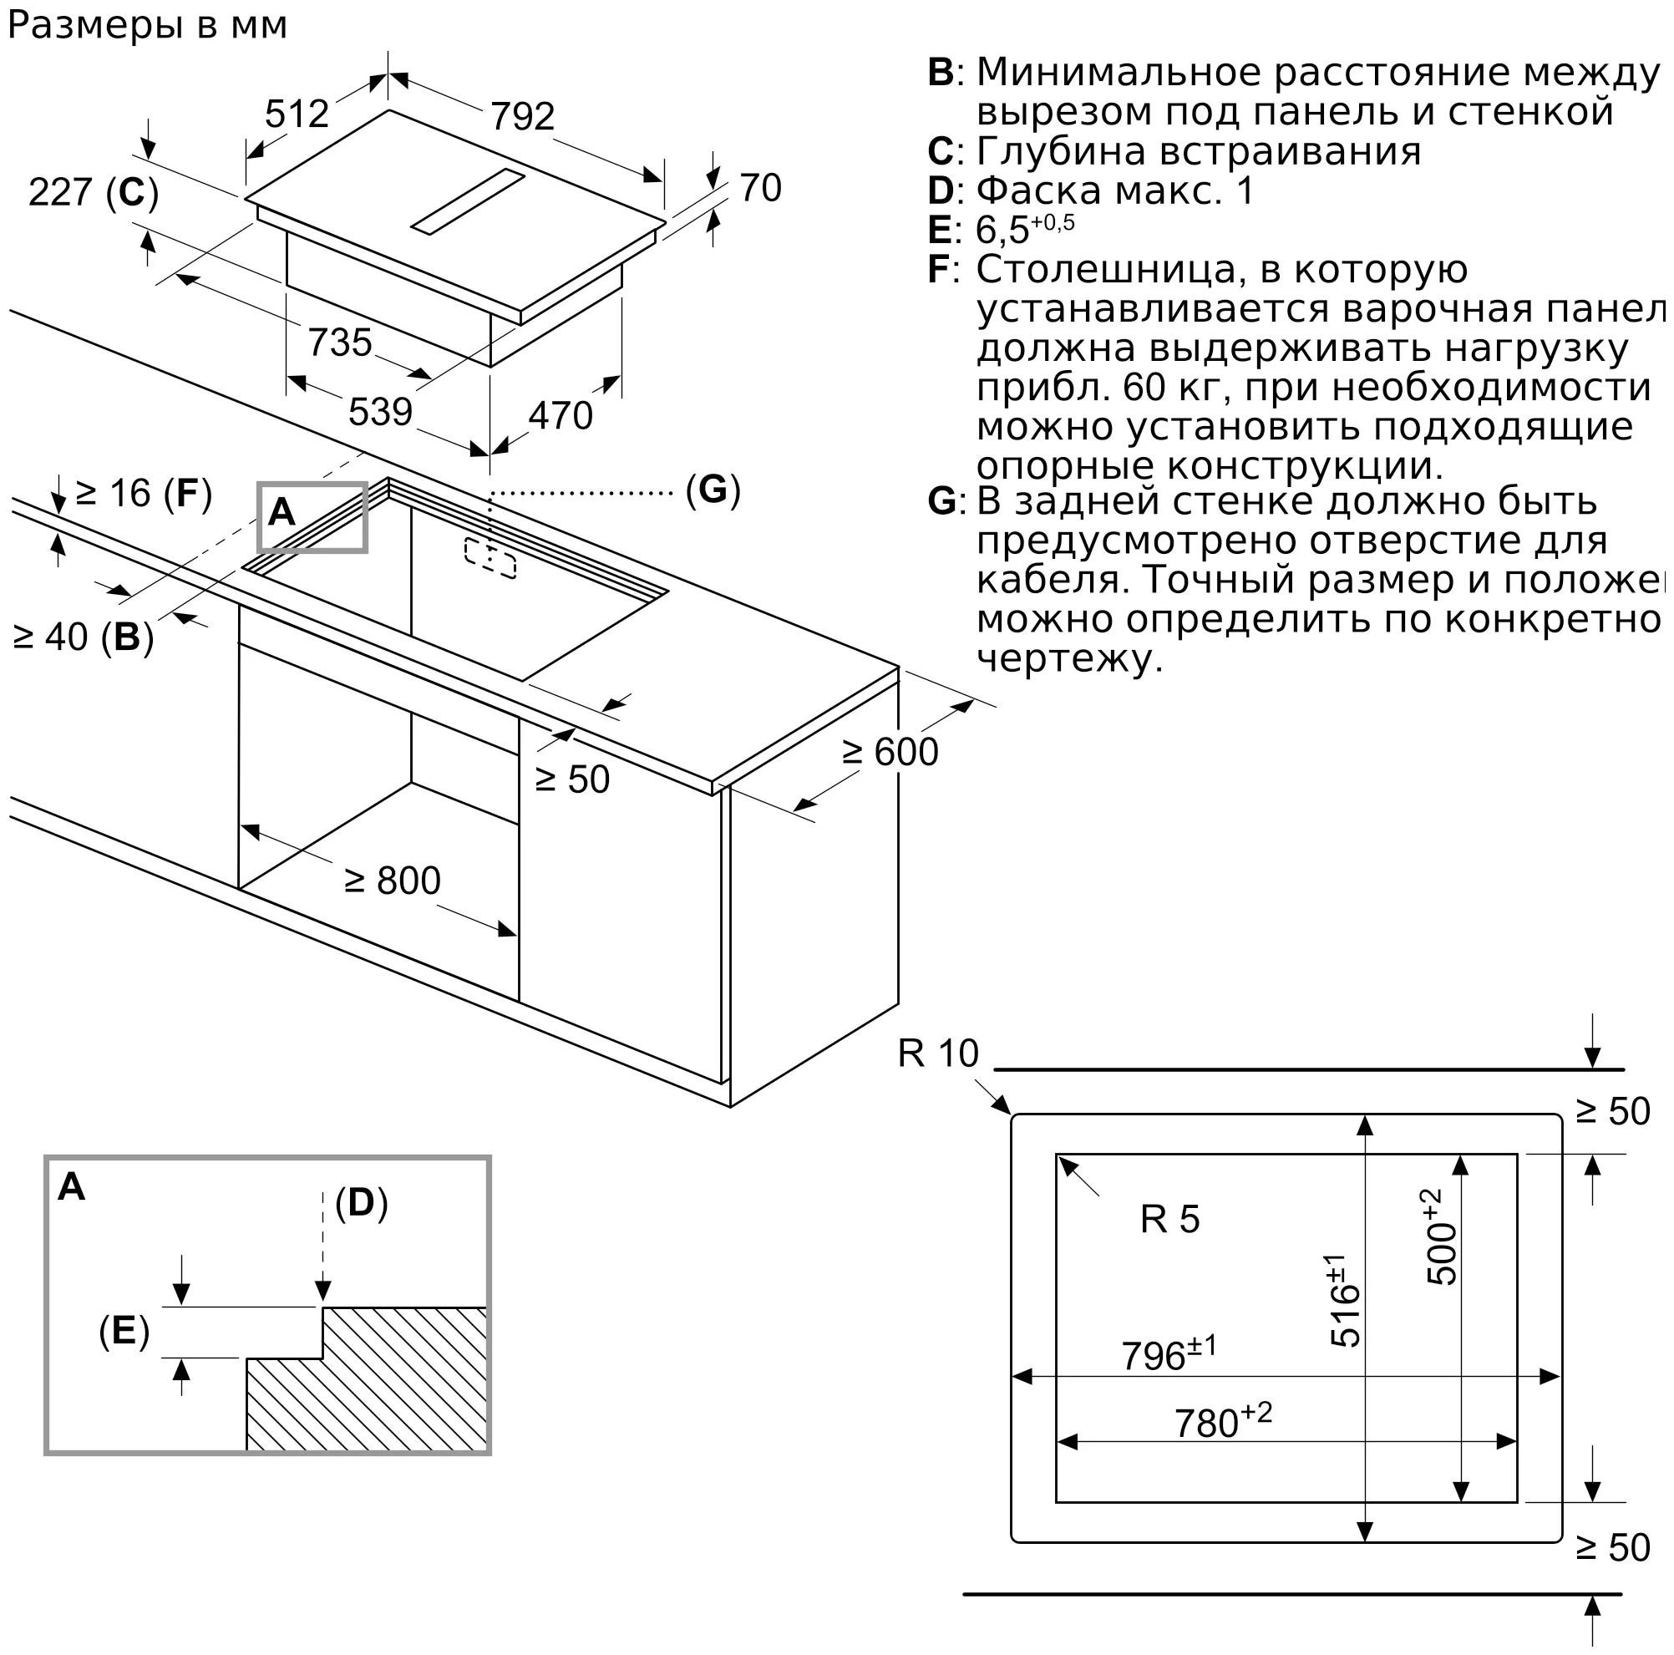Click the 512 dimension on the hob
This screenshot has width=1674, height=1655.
pyautogui.click(x=297, y=114)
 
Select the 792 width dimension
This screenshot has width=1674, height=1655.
pyautogui.click(x=521, y=116)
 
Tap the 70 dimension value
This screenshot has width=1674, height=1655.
pyautogui.click(x=760, y=188)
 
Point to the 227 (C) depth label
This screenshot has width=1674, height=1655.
pyautogui.click(x=94, y=191)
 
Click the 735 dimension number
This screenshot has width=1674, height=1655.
pyautogui.click(x=340, y=343)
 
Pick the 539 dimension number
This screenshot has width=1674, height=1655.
pyautogui.click(x=379, y=412)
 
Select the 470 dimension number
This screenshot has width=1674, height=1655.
pyautogui.click(x=561, y=415)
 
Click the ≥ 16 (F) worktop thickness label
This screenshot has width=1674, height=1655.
pyautogui.click(x=144, y=493)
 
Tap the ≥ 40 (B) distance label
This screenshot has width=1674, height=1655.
pyautogui.click(x=84, y=637)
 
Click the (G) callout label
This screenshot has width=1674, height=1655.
pyautogui.click(x=713, y=490)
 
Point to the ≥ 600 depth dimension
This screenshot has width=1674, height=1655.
pyautogui.click(x=890, y=751)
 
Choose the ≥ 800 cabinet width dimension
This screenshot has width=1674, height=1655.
pyautogui.click(x=393, y=881)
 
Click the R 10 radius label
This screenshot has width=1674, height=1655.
pyautogui.click(x=937, y=1053)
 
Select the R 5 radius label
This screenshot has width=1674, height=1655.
pyautogui.click(x=1169, y=1219)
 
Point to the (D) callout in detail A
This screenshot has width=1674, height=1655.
pyautogui.click(x=362, y=1203)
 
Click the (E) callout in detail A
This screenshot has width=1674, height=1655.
pyautogui.click(x=124, y=1331)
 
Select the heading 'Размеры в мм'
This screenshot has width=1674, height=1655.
pyautogui.click(x=147, y=25)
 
